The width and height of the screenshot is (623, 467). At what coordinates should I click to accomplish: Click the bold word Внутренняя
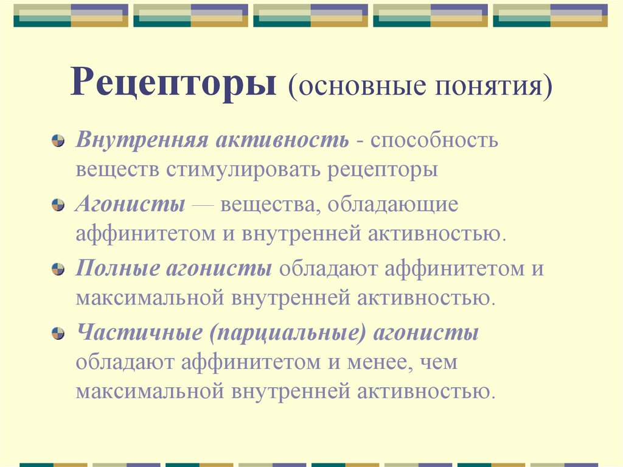point(141,141)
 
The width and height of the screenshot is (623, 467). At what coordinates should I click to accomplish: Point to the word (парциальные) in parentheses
point(288,334)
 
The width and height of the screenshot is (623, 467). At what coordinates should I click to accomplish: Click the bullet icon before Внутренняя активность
point(57,141)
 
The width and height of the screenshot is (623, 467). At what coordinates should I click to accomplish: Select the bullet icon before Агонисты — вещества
point(57,205)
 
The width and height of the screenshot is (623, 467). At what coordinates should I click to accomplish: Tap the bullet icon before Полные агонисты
point(57,270)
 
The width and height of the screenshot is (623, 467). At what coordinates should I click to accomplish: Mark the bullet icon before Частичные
point(57,334)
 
